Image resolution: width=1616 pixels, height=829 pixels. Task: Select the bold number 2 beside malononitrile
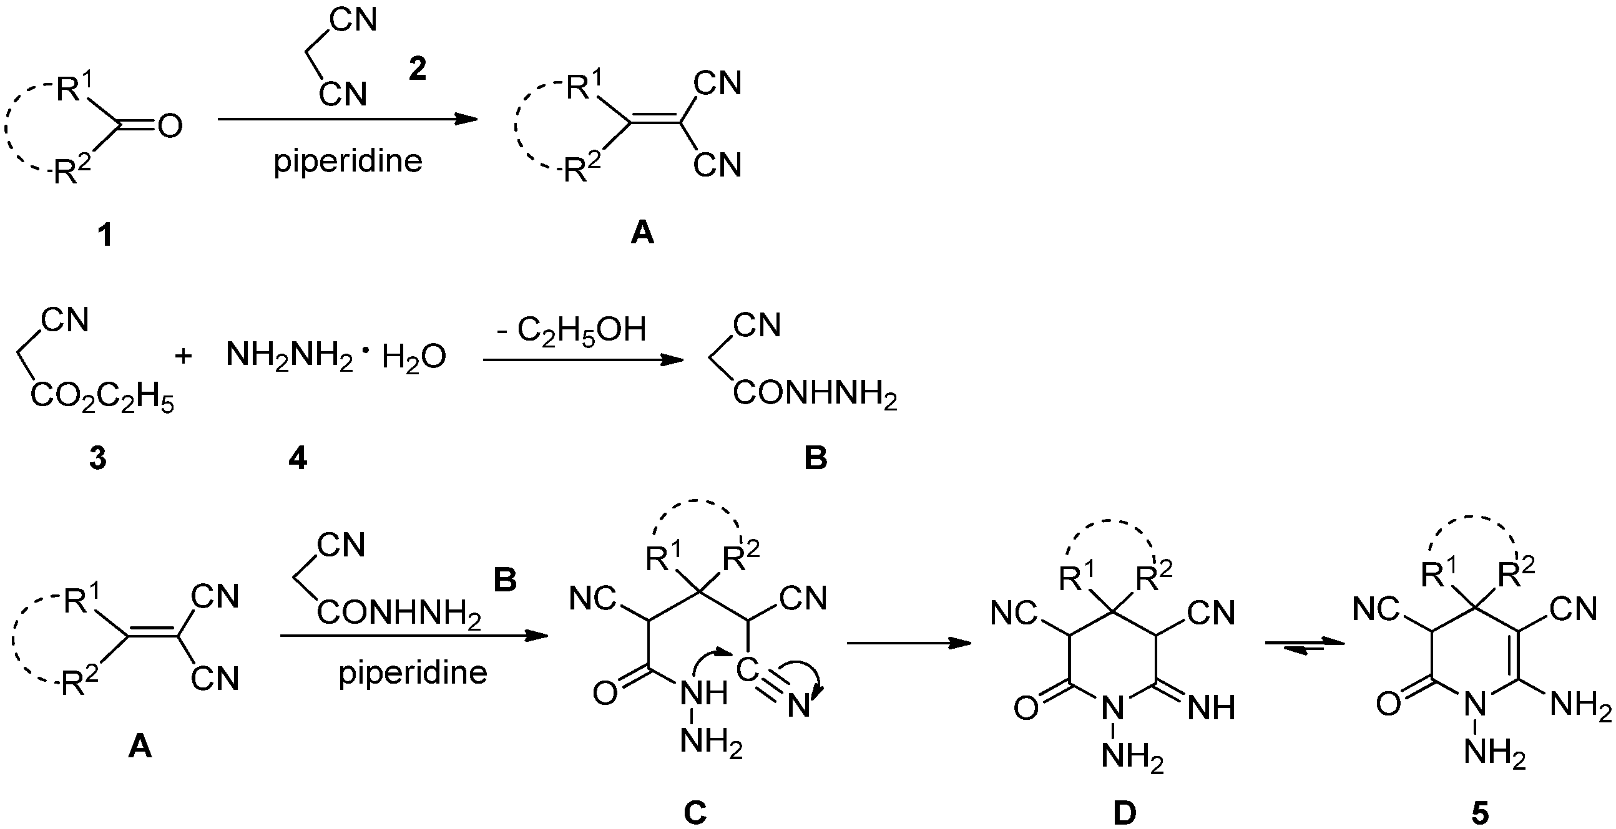click(x=417, y=70)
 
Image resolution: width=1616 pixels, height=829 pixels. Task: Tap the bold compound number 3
click(x=97, y=459)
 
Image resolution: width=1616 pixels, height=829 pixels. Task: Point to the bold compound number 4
click(x=297, y=459)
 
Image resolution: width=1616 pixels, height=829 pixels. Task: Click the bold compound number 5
click(x=1479, y=814)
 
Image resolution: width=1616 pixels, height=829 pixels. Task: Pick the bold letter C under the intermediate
click(x=695, y=814)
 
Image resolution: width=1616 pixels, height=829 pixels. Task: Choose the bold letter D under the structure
click(x=1124, y=814)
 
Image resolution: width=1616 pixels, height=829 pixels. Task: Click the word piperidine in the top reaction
click(x=348, y=161)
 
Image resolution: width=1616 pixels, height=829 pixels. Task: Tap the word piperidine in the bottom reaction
click(x=413, y=673)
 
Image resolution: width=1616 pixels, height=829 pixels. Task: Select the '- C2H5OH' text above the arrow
click(x=571, y=330)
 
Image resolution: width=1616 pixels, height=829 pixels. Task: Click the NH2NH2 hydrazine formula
click(x=288, y=356)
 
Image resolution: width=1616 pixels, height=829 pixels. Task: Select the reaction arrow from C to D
click(x=908, y=643)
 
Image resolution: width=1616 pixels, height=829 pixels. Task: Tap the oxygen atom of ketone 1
click(x=170, y=126)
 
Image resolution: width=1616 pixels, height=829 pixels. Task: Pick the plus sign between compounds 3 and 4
click(x=183, y=356)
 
